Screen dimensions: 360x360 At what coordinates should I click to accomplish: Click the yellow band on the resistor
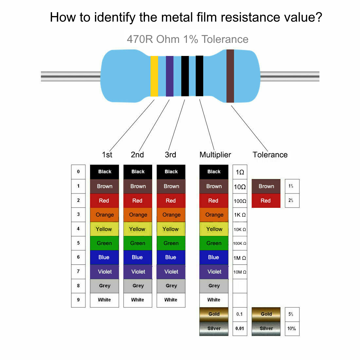tap(154, 76)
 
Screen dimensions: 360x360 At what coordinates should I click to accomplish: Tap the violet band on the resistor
tap(170, 76)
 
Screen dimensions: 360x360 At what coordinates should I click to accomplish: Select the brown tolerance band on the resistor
tap(230, 76)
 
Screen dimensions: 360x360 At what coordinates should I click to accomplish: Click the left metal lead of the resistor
tap(70, 76)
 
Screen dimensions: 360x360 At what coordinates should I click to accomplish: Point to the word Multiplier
tap(215, 155)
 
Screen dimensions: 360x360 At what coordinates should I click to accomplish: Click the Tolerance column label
tap(270, 155)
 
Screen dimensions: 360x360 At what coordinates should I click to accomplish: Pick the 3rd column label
tap(171, 155)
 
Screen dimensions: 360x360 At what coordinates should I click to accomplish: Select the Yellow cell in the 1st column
tap(104, 229)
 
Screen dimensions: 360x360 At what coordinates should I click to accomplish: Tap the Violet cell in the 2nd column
tap(138, 272)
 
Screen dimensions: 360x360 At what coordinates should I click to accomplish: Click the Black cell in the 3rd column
tap(171, 172)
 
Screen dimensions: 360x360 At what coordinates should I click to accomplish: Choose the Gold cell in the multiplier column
tap(214, 314)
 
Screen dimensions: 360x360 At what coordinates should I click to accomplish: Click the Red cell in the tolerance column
tap(266, 201)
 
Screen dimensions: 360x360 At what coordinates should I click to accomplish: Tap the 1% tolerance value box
tap(292, 186)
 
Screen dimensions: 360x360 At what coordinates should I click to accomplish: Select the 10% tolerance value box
tap(292, 329)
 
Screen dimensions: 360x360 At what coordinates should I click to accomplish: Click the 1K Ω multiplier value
tap(240, 215)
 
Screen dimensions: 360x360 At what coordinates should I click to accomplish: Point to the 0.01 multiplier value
tap(240, 329)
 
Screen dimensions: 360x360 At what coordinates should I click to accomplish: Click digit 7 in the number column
tap(78, 271)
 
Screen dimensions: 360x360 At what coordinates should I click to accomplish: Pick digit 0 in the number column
tap(78, 172)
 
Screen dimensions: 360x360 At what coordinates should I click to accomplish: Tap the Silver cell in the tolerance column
tap(266, 329)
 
